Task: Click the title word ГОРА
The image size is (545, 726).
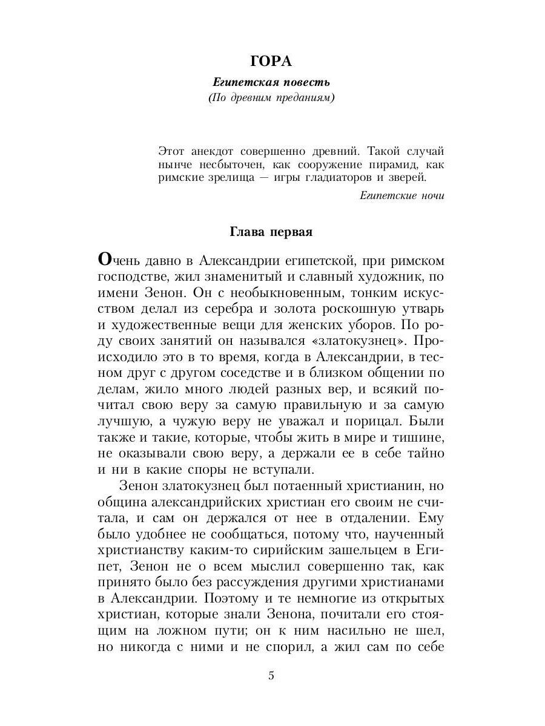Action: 271,62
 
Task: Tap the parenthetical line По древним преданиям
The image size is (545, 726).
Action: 271,98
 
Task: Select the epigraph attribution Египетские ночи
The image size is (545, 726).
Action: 401,195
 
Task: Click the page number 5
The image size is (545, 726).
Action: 271,675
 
